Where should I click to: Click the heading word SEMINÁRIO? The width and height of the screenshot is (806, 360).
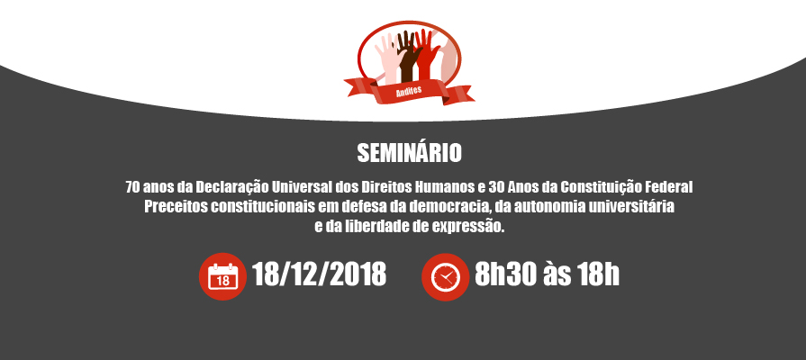coord(409,152)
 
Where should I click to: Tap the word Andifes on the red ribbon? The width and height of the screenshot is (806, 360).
coord(409,91)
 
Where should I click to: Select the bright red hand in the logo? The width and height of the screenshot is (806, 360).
coord(426,54)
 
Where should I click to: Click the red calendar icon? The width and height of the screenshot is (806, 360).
coord(222,276)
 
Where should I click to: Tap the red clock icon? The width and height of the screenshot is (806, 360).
coord(445,277)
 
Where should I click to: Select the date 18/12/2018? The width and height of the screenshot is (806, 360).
coord(319,274)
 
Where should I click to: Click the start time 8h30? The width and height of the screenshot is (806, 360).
coord(506,274)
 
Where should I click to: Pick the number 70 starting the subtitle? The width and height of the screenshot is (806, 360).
coord(132,187)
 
